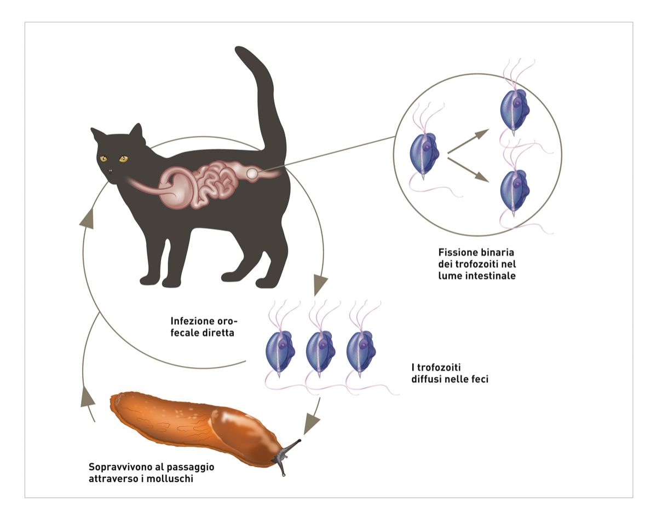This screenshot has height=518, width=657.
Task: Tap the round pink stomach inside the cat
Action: pyautogui.click(x=176, y=188)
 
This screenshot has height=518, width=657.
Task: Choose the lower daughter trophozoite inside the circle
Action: pyautogui.click(x=514, y=191)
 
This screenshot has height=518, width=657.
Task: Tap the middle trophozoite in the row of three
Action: pyautogui.click(x=318, y=350)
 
